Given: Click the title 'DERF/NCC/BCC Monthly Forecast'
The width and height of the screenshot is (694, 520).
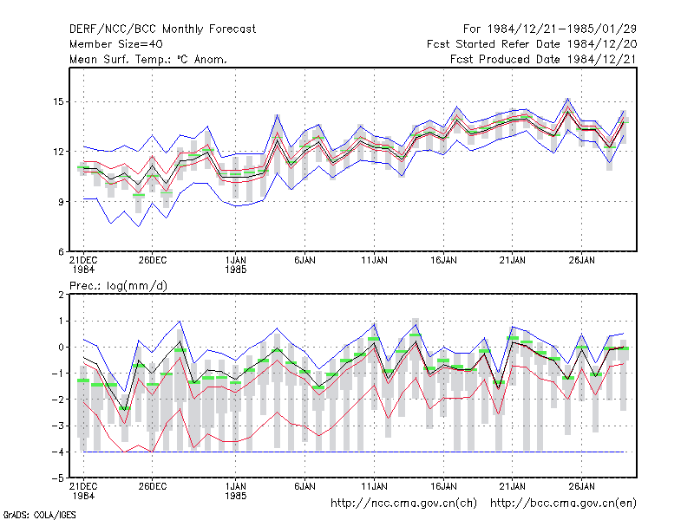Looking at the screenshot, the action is point(162,29).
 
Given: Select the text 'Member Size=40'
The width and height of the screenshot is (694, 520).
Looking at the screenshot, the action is point(116,44).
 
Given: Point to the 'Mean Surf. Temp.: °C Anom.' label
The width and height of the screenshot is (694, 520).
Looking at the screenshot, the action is point(148,59).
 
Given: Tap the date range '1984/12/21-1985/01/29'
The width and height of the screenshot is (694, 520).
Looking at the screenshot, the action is point(561,29).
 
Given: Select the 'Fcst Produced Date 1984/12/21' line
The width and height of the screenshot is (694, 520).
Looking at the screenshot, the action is point(544,59).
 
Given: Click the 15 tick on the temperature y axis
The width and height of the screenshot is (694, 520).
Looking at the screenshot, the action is point(58,101).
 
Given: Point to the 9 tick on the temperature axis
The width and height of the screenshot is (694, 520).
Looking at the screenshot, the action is point(61,202).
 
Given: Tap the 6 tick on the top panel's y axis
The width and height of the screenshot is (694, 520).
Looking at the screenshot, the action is point(61,252).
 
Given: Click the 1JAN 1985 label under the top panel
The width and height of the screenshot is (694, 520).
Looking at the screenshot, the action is point(235,265).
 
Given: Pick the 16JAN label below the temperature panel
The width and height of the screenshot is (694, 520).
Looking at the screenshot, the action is point(443,261).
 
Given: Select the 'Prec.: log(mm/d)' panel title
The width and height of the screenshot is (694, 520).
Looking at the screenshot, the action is point(118,286).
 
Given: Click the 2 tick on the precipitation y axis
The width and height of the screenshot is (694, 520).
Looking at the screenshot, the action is point(61,295).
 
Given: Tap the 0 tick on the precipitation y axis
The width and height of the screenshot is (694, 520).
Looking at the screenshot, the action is point(61,348).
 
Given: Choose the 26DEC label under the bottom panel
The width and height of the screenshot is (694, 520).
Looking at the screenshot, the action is point(153,486).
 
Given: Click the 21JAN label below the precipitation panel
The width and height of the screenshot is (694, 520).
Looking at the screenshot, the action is point(513,486).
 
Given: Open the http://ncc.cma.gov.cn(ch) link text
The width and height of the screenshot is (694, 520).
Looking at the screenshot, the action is point(403,504).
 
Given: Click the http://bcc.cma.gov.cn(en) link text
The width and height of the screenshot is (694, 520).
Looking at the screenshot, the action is point(563,504).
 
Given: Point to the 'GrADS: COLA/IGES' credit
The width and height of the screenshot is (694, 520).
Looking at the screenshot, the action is point(39,515).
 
